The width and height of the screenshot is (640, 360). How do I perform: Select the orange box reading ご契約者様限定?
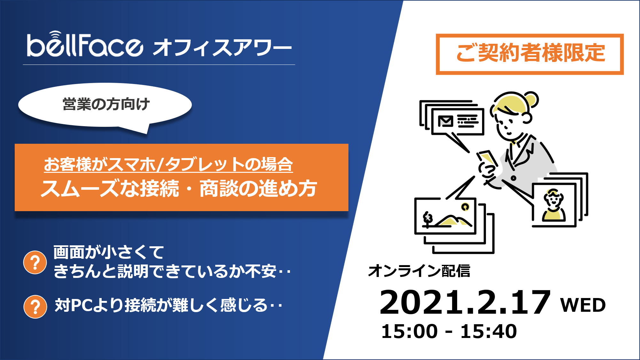(x=530, y=54)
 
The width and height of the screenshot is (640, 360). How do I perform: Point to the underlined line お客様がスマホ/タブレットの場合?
(x=168, y=164)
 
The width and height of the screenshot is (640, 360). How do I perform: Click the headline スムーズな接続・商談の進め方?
(x=179, y=188)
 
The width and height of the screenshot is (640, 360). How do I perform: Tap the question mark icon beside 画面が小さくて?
(x=35, y=263)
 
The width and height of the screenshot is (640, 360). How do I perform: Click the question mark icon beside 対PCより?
(x=35, y=307)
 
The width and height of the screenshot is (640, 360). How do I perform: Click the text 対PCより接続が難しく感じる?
(x=168, y=305)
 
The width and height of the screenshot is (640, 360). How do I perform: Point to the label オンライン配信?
(x=419, y=271)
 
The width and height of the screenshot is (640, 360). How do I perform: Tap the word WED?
(x=583, y=305)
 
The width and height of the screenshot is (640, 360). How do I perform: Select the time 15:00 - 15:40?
(x=449, y=331)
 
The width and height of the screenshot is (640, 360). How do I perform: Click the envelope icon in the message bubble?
(x=446, y=121)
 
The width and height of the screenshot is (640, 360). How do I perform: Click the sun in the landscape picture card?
(x=465, y=207)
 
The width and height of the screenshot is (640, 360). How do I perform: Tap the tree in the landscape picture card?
(x=427, y=219)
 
